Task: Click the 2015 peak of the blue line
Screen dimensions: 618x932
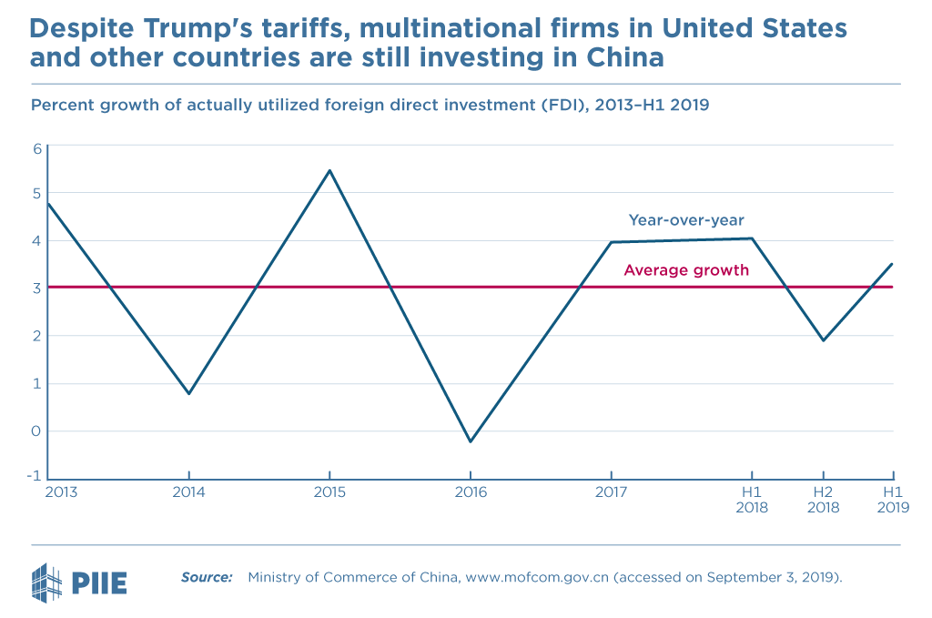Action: click(329, 170)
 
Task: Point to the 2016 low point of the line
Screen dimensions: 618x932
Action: click(470, 441)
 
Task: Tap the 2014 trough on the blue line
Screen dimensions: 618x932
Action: click(188, 393)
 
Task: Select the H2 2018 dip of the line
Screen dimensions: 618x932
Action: click(823, 340)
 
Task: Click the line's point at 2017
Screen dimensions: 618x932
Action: click(611, 242)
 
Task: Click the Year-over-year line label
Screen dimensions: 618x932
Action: click(687, 220)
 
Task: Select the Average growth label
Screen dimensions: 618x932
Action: click(686, 270)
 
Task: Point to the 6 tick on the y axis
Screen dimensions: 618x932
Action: click(37, 148)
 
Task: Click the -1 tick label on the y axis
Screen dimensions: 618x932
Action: click(35, 477)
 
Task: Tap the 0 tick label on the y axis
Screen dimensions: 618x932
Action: click(37, 431)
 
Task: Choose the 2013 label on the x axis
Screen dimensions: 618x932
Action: click(61, 492)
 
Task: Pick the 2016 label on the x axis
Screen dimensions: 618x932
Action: click(470, 492)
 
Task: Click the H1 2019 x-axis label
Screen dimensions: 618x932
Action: click(893, 500)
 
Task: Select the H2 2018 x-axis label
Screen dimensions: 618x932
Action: click(823, 500)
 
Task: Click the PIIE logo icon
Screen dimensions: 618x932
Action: click(46, 580)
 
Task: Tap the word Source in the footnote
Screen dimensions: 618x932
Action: click(206, 577)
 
